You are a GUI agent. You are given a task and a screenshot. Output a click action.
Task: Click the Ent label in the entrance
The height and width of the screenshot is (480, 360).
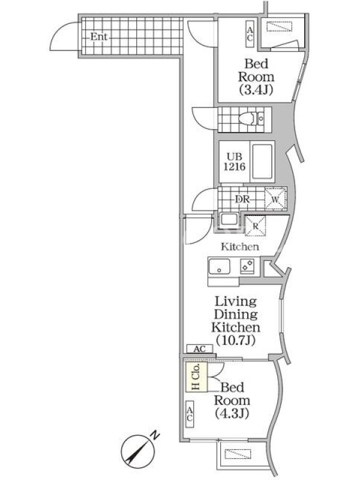pos(98,37)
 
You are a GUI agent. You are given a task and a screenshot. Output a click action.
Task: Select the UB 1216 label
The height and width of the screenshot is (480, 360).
pos(234,161)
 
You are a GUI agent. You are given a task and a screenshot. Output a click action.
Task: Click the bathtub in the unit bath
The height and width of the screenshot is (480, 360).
pos(262,161)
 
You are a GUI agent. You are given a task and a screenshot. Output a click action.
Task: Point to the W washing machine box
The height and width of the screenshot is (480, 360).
pos(275,199)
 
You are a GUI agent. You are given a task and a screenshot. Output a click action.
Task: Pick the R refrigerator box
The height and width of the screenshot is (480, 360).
pos(256,226)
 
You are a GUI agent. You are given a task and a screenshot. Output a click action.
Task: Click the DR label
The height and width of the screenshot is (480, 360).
pos(242,199)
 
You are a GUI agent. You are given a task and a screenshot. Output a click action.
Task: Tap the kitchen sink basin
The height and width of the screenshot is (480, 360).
pos(219,267)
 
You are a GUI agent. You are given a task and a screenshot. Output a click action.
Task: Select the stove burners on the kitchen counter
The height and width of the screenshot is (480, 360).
pos(247,265)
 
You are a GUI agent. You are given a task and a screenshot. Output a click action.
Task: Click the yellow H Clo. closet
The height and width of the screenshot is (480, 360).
pos(197,376)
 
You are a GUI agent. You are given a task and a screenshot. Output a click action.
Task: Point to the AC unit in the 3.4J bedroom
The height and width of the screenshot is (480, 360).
pos(250,34)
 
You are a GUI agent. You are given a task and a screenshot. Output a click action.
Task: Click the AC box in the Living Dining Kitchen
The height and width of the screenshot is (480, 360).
pos(200,349)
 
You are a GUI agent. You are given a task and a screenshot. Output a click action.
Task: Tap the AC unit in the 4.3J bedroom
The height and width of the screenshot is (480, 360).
pos(190,413)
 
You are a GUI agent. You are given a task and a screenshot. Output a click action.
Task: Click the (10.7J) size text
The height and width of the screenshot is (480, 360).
pos(235,340)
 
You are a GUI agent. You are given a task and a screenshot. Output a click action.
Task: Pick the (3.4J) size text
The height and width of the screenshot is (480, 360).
pos(256,89)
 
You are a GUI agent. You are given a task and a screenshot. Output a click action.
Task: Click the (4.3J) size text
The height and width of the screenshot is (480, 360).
pos(232,413)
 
